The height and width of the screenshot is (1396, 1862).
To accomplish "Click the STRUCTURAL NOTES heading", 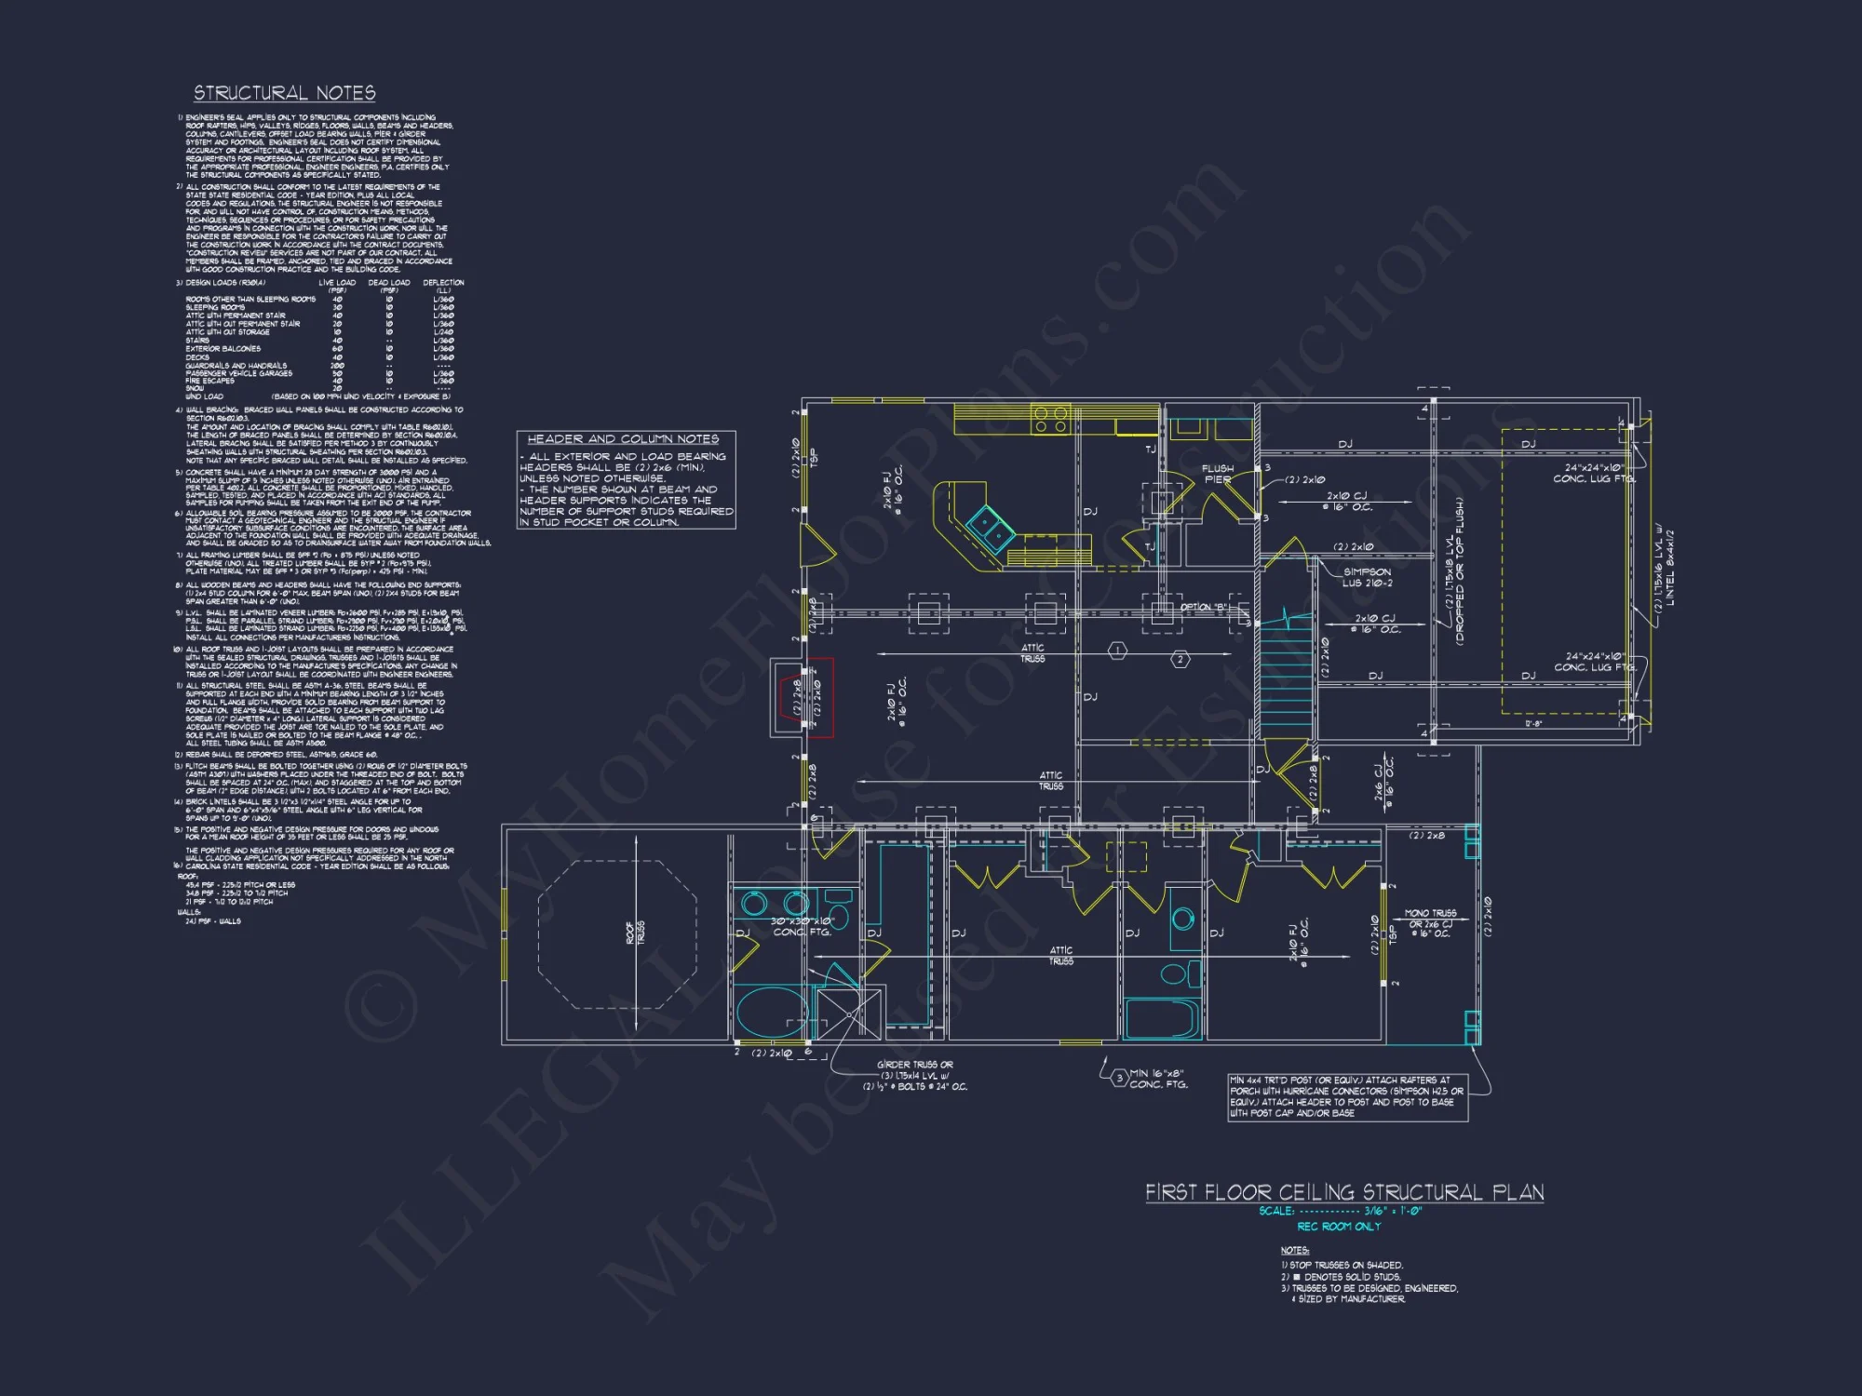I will click(284, 93).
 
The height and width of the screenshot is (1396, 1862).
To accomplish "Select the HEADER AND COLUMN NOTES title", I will click(623, 438).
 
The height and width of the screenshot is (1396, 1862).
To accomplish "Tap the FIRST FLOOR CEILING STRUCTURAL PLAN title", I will click(1343, 1192).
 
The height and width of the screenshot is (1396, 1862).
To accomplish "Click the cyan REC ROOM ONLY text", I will click(1339, 1227).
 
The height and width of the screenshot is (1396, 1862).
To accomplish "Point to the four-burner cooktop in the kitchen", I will click(1050, 419).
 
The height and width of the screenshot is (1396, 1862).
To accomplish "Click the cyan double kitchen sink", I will click(990, 528).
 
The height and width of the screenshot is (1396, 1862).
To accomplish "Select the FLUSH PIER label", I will click(1218, 474).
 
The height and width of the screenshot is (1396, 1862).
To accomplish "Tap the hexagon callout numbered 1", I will click(1117, 650).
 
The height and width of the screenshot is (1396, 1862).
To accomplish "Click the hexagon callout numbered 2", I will click(1180, 659).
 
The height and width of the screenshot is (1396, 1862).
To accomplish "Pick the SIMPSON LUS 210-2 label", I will click(1367, 577).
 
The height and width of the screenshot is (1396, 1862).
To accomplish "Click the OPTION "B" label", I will click(1204, 607).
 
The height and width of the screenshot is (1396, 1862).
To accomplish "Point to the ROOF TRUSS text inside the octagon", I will click(635, 933).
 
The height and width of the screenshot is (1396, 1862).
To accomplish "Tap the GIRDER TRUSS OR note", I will click(915, 1065).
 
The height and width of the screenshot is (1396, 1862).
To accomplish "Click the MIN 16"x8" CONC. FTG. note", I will click(1157, 1079).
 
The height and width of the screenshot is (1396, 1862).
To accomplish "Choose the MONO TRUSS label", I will click(1430, 913).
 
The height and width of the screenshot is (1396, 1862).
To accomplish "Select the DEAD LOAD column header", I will click(388, 282).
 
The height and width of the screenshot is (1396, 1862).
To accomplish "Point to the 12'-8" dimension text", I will click(1533, 723).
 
